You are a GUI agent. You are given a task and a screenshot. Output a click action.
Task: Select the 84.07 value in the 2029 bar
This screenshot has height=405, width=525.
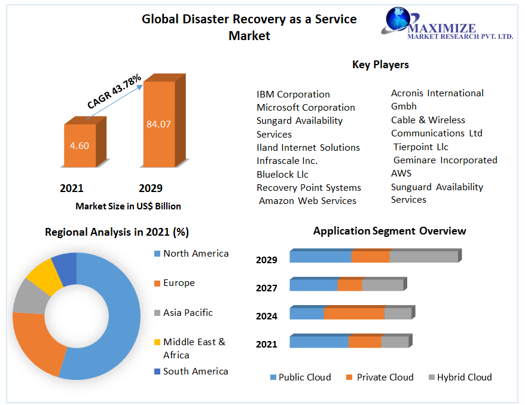click(158, 124)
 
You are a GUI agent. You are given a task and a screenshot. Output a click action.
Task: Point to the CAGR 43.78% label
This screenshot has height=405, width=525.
click(114, 92)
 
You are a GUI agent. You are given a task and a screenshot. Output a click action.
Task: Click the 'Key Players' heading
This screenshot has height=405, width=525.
click(380, 65)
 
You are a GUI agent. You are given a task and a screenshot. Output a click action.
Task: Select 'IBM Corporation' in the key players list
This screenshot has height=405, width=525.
click(293, 95)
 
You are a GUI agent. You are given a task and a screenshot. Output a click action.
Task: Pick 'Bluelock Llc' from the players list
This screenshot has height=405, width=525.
click(282, 174)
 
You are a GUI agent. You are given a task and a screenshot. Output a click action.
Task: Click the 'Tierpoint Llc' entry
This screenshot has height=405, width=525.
click(420, 147)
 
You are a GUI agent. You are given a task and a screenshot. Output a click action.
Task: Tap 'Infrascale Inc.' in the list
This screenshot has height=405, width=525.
click(287, 161)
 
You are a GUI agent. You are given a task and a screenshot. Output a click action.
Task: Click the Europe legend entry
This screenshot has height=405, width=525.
click(178, 283)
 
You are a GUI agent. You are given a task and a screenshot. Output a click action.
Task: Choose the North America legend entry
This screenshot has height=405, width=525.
click(196, 254)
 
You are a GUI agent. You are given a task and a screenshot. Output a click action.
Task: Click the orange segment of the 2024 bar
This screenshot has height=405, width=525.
click(354, 313)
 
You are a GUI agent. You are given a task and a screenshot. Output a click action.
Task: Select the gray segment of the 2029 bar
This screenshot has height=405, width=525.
click(423, 257)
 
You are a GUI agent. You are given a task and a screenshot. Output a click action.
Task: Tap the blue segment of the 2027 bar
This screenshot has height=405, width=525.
click(313, 285)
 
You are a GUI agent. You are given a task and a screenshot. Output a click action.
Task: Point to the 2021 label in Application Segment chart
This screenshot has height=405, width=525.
click(267, 344)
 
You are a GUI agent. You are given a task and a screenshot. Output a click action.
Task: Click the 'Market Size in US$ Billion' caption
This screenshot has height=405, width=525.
click(128, 206)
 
